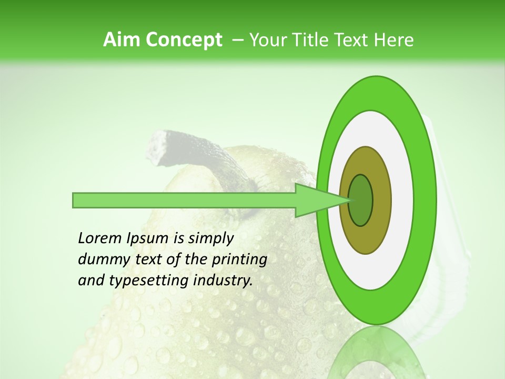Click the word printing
pos(239,260)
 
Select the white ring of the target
pos(400,200)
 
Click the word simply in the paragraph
pos(210,238)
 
